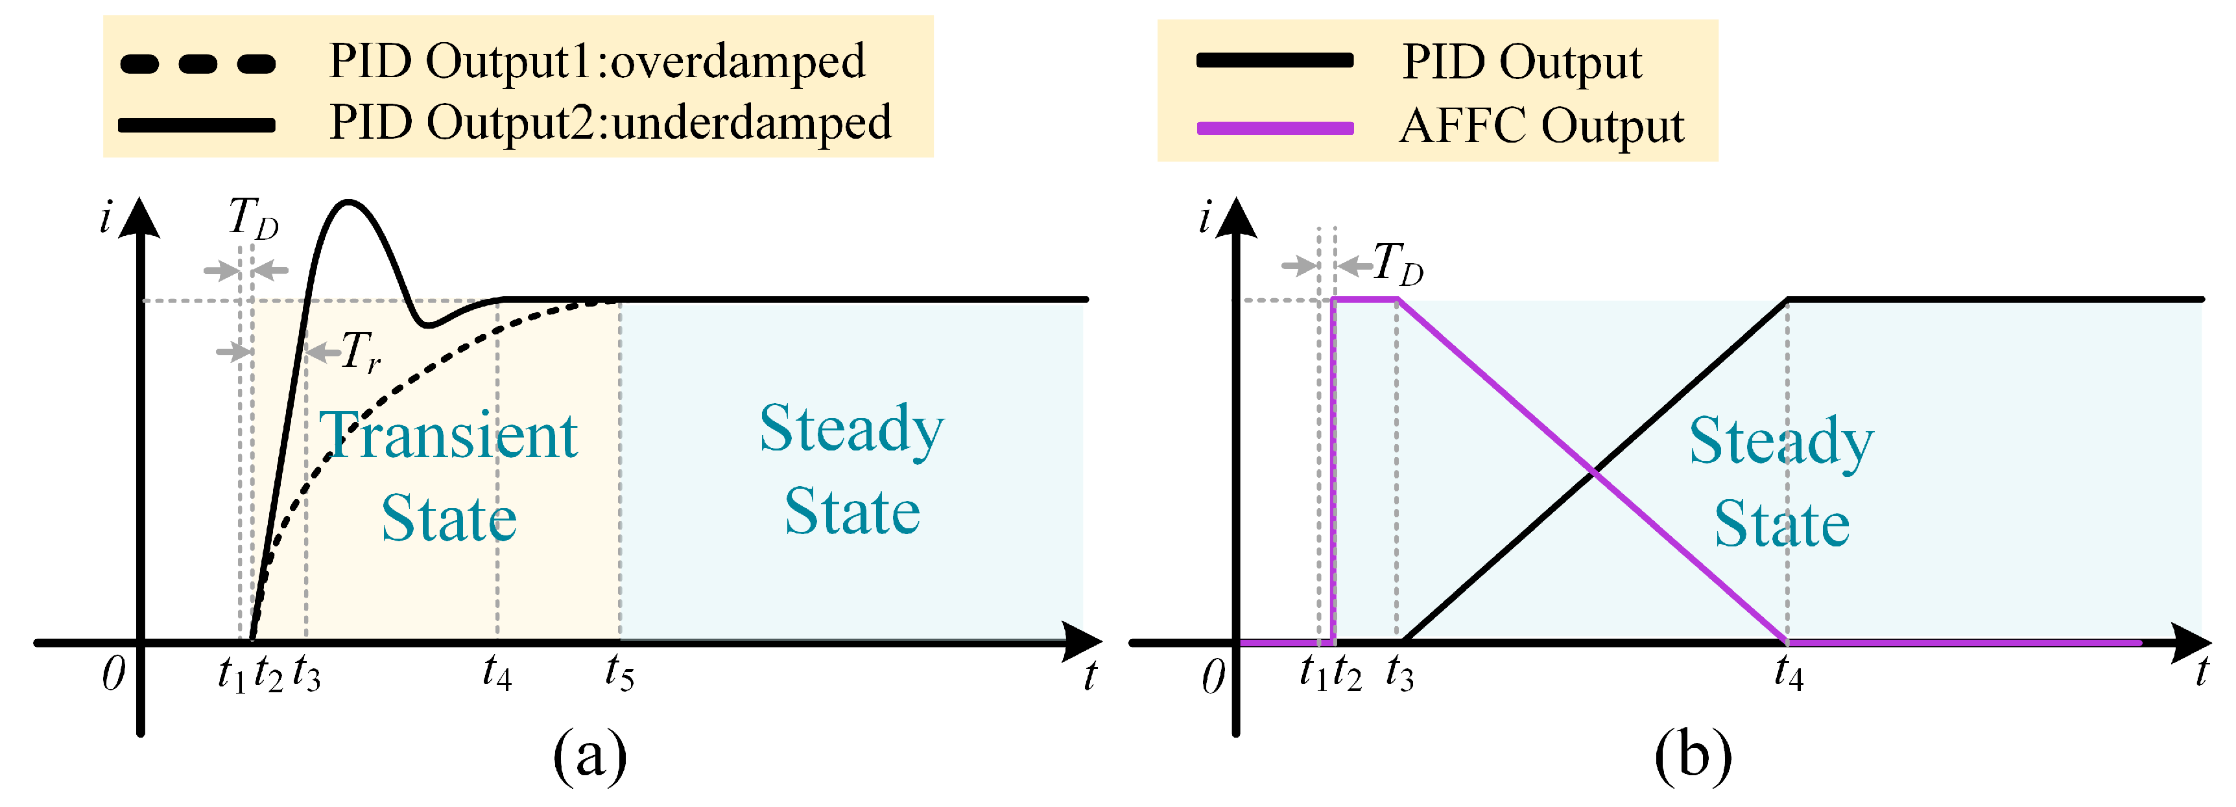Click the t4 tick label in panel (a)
(x=497, y=673)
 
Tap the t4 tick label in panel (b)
(x=1788, y=673)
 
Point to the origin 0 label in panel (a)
(x=113, y=674)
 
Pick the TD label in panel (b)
(x=1397, y=263)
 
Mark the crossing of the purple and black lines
(x=1594, y=471)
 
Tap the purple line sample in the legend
(x=1274, y=128)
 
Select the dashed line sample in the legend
(x=198, y=64)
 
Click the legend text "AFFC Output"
(x=1541, y=126)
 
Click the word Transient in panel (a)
(x=449, y=436)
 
